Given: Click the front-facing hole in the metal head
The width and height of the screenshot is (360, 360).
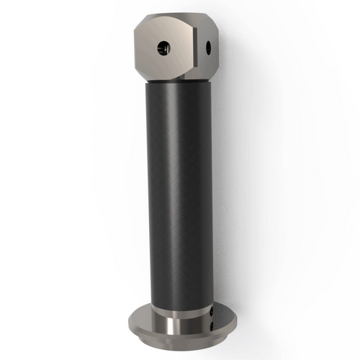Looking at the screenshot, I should pos(163,48).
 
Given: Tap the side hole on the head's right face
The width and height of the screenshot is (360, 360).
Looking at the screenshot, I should pos(209,48).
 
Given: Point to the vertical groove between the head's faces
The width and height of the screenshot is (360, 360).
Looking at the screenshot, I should pos(194,50).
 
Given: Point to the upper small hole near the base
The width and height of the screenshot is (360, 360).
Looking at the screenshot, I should pos(212,311).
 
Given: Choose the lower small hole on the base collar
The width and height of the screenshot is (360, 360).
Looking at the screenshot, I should pos(212,325).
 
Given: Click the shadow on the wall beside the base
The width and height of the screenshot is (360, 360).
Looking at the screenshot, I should pos(248,317).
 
